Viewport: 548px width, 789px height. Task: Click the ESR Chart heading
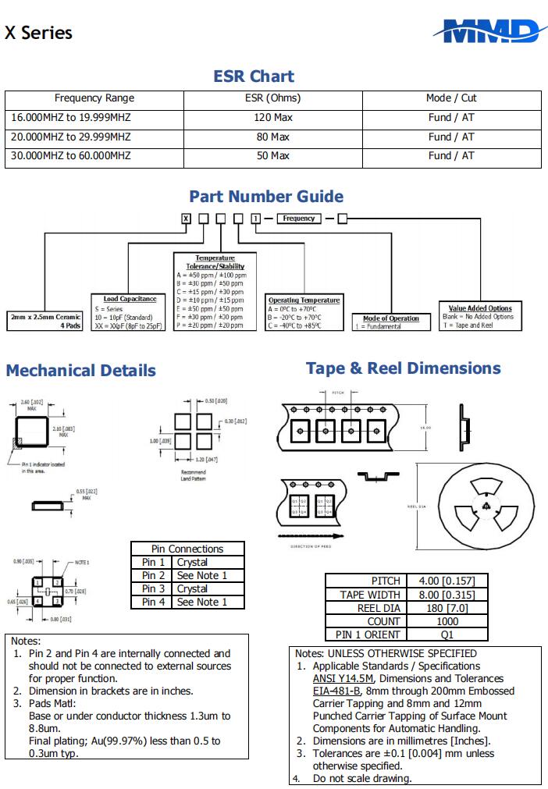coord(254,76)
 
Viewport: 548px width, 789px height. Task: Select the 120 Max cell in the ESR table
coord(272,117)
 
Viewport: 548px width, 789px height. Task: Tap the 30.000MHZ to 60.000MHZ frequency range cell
coord(71,155)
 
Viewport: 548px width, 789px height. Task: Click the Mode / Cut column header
coord(451,98)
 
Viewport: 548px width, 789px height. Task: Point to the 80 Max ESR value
coord(272,137)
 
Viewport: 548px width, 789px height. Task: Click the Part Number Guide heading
coord(266,197)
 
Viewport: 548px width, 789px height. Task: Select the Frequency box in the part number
coord(299,219)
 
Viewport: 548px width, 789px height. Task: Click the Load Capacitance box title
coord(130,299)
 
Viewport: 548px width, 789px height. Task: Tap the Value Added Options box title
coord(480,308)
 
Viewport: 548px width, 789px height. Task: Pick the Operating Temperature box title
coord(304,300)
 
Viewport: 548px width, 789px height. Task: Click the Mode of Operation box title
coord(391,318)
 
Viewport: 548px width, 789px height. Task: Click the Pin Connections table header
coord(187,549)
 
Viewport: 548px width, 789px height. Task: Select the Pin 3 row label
coord(153,588)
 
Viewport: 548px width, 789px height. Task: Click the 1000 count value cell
coord(447,621)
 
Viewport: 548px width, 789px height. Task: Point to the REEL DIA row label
coord(379,608)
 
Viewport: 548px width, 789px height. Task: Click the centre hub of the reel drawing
coord(485,505)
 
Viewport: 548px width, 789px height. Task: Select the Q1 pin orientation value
coord(447,634)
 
